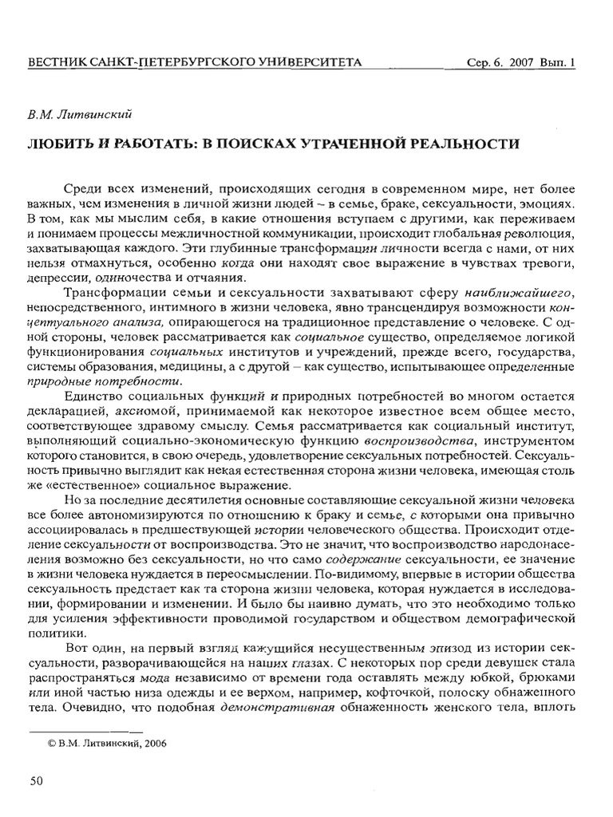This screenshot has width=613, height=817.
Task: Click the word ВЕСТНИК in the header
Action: click(56, 62)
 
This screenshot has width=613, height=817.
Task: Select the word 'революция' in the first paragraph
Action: click(529, 232)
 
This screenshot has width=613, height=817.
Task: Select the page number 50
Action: click(36, 780)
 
